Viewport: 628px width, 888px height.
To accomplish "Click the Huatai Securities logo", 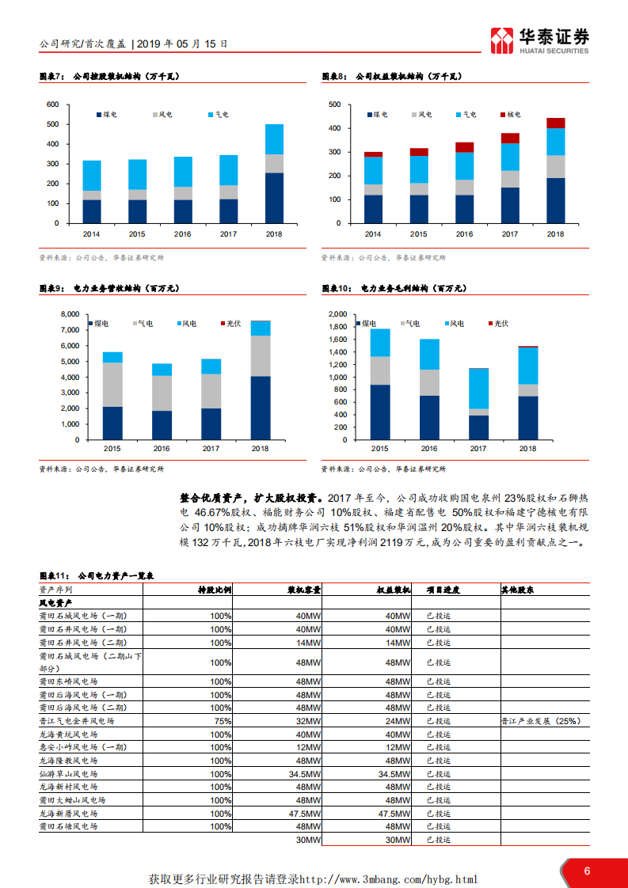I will click(539, 40).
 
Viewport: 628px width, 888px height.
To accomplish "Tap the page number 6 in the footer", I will click(587, 871).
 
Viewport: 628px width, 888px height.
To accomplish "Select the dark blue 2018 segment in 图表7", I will click(274, 198).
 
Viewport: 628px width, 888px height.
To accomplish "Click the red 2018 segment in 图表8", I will click(556, 123).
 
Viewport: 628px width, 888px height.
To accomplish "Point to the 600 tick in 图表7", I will click(53, 104).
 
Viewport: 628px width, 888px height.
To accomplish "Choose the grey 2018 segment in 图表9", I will click(261, 355).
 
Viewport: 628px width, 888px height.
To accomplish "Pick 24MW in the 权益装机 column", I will click(398, 722).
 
